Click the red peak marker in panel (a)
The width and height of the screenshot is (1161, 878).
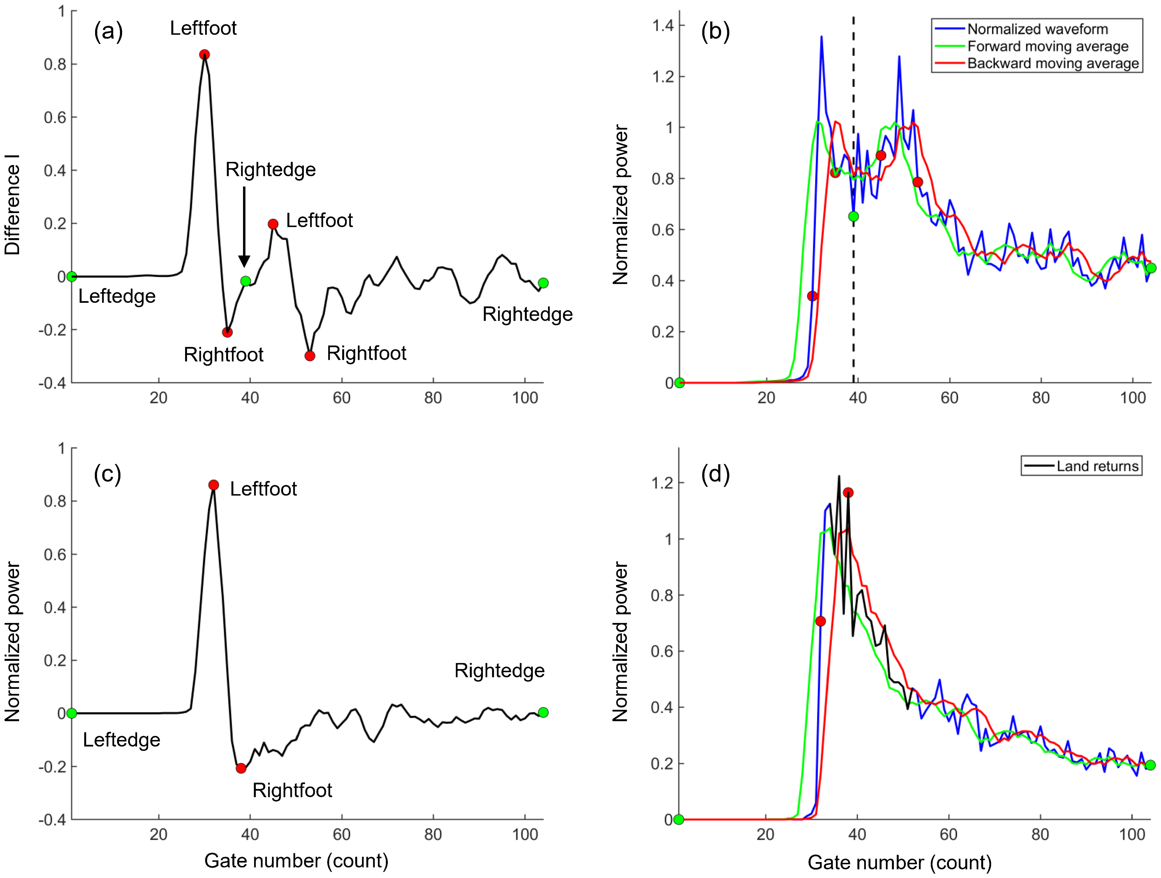pos(205,55)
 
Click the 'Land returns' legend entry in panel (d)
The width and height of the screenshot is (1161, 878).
pos(1097,466)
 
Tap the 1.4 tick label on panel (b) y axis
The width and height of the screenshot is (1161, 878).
pos(662,25)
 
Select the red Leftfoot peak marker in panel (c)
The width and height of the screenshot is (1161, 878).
pos(214,485)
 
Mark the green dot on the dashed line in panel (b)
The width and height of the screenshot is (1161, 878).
pos(853,216)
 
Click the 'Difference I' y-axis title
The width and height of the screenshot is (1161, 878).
pos(13,205)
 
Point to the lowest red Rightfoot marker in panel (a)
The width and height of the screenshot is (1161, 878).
pos(310,356)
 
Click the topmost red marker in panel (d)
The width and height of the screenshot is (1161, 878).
pos(848,492)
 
